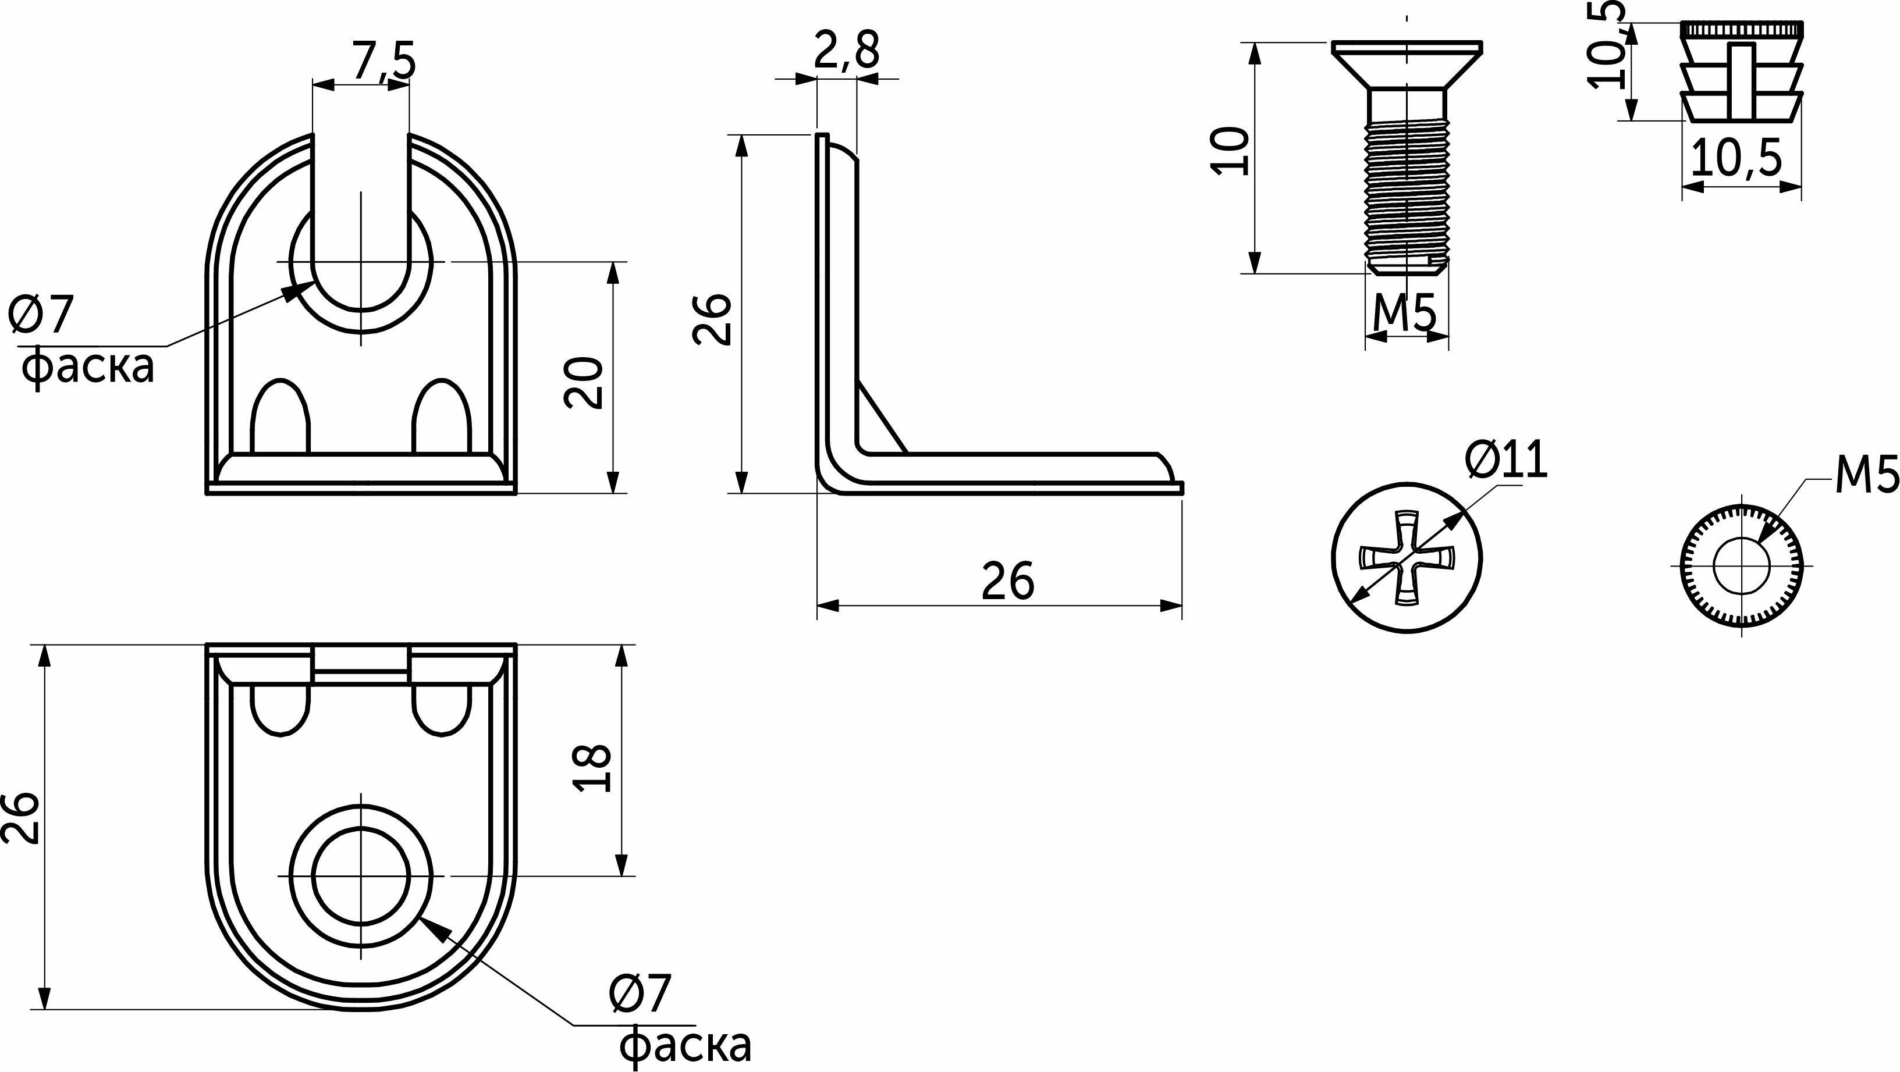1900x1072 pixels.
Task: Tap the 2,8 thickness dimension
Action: [x=847, y=51]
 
